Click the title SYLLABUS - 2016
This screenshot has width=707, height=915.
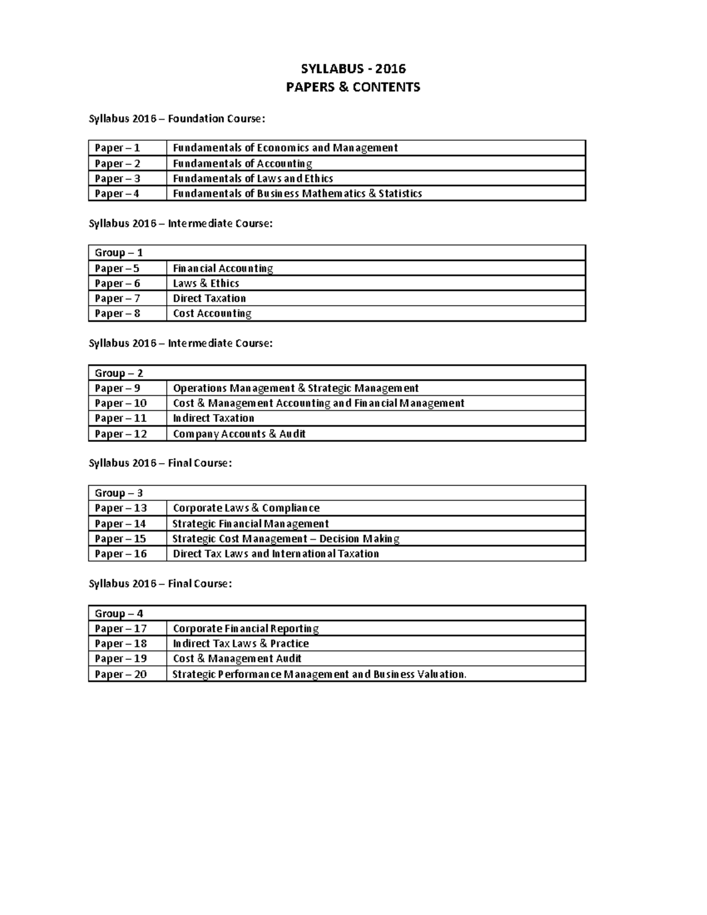coord(353,69)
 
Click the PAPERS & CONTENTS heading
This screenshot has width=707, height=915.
coord(353,87)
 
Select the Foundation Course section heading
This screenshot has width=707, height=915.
coord(177,119)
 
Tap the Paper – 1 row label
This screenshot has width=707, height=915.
coord(117,148)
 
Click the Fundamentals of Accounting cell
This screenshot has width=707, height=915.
coord(242,163)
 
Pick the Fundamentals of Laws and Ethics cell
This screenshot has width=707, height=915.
coord(253,179)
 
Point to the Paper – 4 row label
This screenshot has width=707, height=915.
coord(117,193)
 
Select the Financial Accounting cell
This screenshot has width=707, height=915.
coord(223,268)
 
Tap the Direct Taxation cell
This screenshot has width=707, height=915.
coord(209,298)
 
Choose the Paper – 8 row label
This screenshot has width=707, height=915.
coord(117,313)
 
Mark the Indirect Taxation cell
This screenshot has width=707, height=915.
coord(213,418)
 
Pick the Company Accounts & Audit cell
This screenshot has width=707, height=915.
coord(239,434)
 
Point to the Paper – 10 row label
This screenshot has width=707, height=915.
coord(121,404)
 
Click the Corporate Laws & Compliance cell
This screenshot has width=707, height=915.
coord(246,508)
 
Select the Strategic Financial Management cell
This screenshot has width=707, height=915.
coord(250,524)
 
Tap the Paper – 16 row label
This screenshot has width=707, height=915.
coord(121,554)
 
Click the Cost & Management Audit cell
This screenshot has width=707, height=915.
coord(237,659)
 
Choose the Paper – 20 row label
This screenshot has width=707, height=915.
coord(121,674)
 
